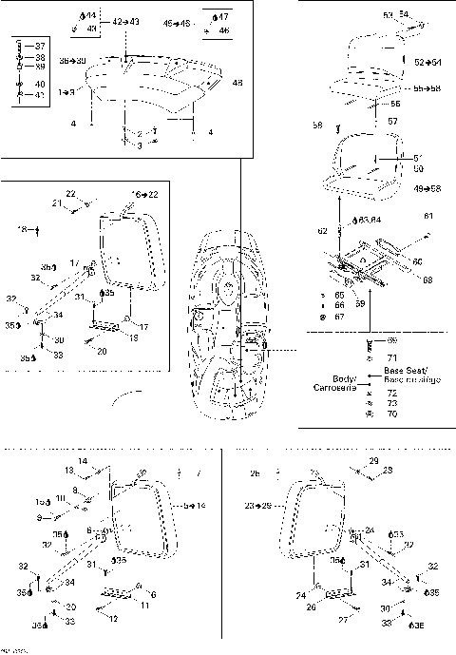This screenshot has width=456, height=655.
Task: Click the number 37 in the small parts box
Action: tap(40, 46)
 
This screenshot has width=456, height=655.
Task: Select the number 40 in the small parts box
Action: tap(40, 84)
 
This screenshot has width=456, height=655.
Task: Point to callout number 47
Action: tap(224, 17)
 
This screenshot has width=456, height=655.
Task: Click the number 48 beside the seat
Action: tap(237, 84)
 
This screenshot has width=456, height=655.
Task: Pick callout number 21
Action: tap(56, 202)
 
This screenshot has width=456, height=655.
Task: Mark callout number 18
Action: tap(22, 229)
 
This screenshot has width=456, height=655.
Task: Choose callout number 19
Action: tap(134, 337)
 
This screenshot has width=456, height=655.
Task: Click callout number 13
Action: tap(69, 470)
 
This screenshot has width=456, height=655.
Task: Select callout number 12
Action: tap(114, 619)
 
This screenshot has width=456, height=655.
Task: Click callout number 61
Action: tap(428, 216)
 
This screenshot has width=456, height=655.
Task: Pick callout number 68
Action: tap(427, 279)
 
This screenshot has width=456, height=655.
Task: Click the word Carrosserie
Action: tap(336, 388)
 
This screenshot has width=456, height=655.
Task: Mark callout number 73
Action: tap(392, 403)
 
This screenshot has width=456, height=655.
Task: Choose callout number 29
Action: tap(374, 460)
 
